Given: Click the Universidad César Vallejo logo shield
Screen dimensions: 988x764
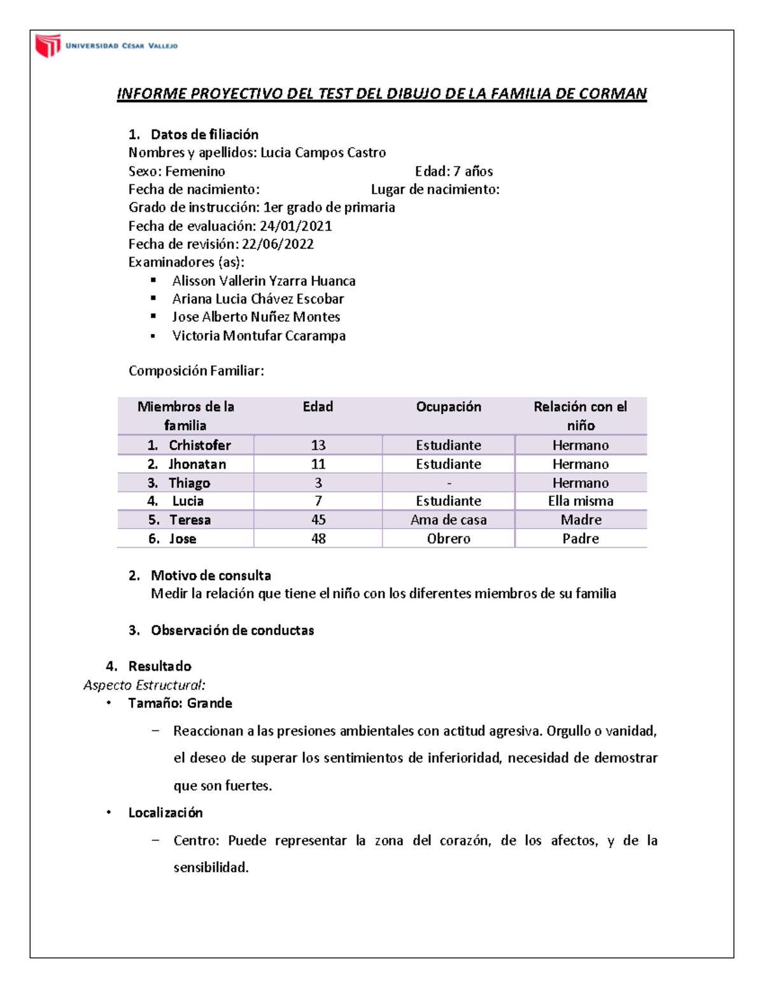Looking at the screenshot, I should pos(48,46).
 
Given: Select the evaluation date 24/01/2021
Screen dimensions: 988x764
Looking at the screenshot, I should pos(295,226).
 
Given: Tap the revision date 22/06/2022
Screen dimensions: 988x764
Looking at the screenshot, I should pos(278,244).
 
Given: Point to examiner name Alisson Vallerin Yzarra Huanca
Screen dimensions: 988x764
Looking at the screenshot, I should pos(264,281).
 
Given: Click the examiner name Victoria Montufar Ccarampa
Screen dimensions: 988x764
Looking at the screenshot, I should pos(258,336).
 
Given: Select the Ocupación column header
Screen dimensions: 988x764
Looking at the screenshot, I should pos(448,407).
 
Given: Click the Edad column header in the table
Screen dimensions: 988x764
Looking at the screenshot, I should pos(318,407).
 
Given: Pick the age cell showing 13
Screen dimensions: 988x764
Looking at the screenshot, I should pos(318,445).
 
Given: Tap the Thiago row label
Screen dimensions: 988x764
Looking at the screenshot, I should pos(189,483).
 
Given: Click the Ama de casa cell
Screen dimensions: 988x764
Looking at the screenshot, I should pos(448,520).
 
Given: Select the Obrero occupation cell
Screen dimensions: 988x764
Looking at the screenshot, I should pos(448,539).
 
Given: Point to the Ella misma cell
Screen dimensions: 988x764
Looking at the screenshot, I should pos(580,501).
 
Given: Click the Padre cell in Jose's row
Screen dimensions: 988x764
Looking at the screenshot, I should pos(580,539).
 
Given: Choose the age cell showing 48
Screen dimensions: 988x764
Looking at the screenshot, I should pos(318,539).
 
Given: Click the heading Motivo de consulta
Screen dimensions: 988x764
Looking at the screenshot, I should pos(211,576).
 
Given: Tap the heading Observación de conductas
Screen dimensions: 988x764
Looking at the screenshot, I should pos(232,630).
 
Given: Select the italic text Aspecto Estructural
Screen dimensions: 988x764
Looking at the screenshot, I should pos(144,685).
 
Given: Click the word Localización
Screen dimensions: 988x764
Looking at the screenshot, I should pos(166,813).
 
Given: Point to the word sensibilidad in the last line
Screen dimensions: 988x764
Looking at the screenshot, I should pos(210,868).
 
